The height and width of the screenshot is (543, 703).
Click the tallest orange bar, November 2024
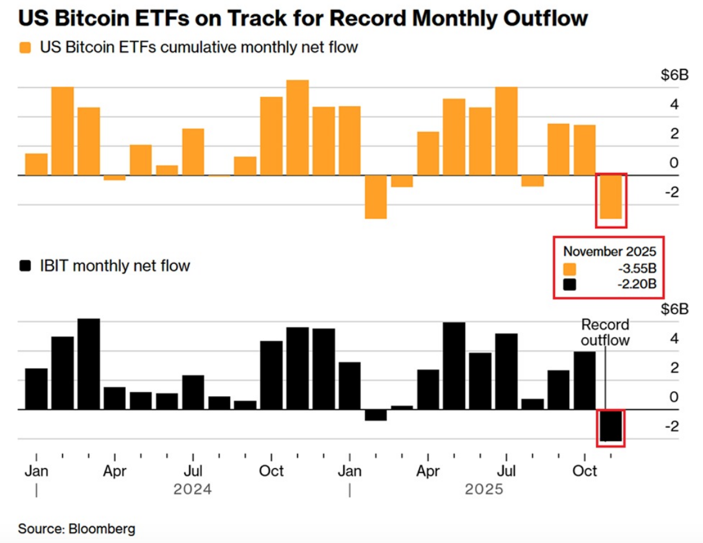point(298,128)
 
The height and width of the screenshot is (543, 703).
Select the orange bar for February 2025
point(376,197)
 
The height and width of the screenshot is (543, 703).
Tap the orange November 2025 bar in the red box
point(611,197)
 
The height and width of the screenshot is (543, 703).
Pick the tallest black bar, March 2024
point(89,364)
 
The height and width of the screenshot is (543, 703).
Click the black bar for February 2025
point(376,415)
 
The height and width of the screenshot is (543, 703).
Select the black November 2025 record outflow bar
point(611,425)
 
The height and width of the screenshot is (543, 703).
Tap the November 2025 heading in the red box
point(609,252)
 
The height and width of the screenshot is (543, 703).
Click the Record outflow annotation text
point(605,332)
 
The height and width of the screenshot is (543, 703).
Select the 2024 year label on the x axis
point(193,490)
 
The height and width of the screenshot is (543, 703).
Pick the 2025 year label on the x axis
point(484,490)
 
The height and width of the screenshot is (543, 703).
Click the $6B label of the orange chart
point(674,76)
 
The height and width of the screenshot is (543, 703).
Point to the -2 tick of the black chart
point(672,427)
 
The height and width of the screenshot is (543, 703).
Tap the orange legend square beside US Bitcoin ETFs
point(25,47)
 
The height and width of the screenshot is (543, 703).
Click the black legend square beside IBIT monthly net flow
point(25,266)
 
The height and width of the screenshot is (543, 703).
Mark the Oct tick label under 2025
point(585,471)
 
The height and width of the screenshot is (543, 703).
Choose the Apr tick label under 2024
point(115,471)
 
